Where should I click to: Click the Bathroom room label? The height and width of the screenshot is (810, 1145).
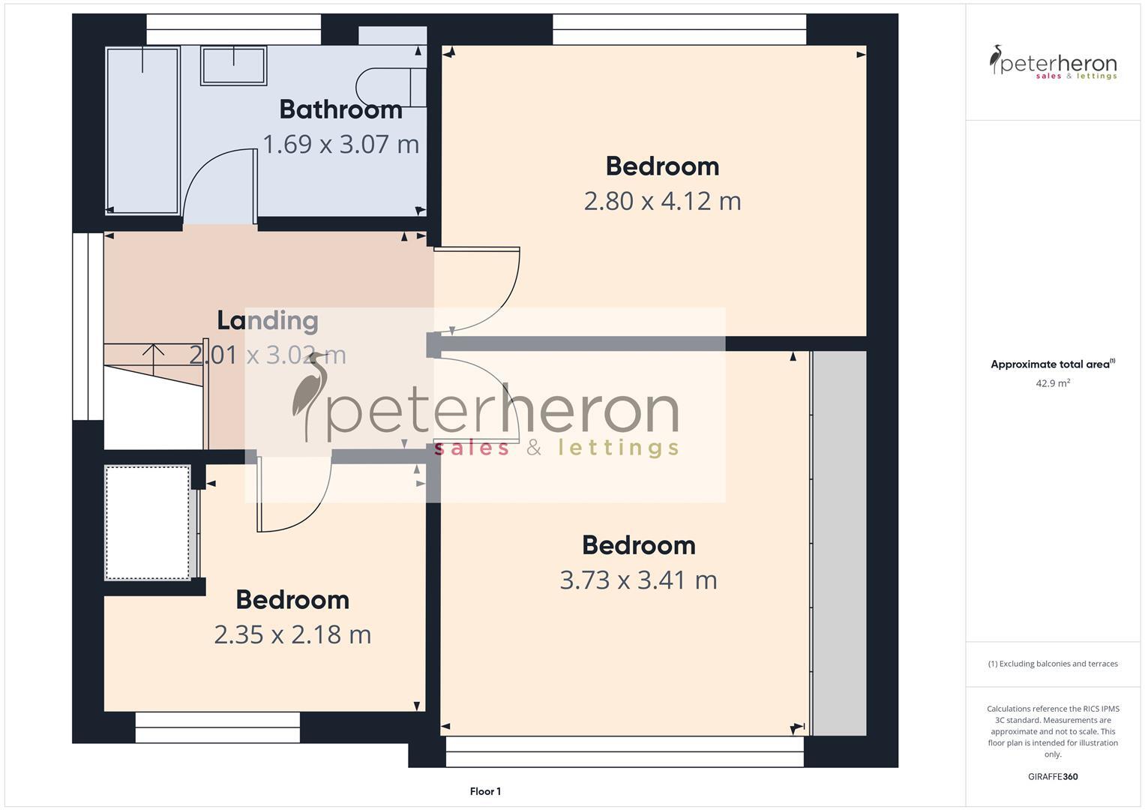[x=340, y=109]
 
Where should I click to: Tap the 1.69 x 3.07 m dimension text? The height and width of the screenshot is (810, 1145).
[x=340, y=144]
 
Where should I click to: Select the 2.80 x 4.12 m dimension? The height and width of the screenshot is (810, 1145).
[x=662, y=201]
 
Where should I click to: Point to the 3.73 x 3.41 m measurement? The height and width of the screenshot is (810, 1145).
[x=638, y=580]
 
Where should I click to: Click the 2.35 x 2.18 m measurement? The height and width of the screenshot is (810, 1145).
[x=292, y=634]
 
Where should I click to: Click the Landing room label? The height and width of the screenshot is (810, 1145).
[x=268, y=320]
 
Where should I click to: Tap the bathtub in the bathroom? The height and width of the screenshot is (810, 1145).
[x=142, y=130]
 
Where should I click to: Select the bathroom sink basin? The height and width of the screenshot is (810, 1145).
[x=234, y=66]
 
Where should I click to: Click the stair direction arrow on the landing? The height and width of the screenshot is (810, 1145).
[x=154, y=357]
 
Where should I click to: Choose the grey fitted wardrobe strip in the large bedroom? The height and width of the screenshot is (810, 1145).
[x=839, y=543]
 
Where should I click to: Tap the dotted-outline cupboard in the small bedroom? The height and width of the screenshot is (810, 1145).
[x=148, y=523]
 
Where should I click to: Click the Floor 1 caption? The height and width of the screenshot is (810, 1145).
[x=485, y=791]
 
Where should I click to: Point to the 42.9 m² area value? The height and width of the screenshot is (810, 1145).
[x=1053, y=383]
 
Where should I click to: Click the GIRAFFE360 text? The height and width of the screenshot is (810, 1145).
[x=1053, y=776]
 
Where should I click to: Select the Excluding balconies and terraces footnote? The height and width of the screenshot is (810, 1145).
[x=1053, y=664]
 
